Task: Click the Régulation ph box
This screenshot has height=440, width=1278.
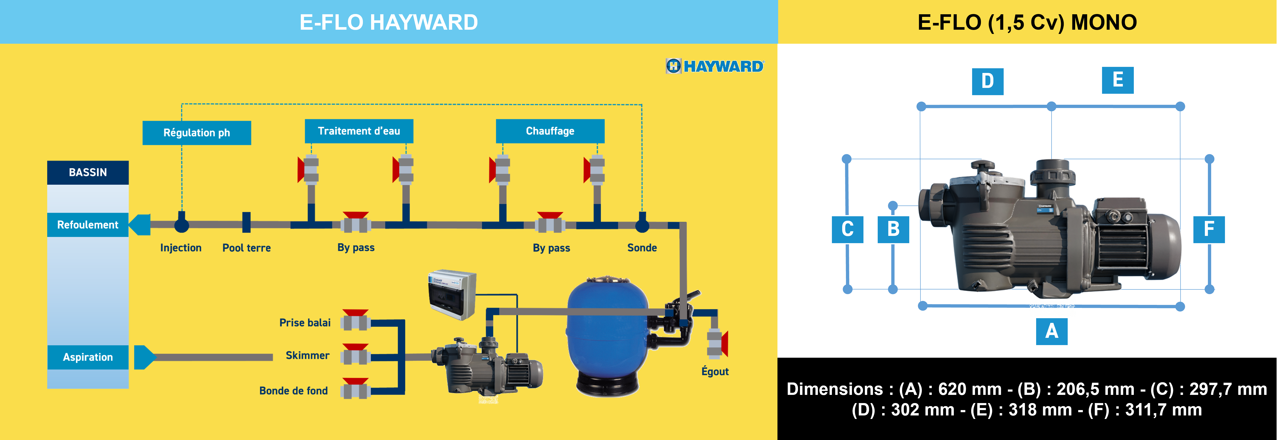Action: point(197,133)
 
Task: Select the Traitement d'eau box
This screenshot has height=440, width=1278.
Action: point(359,131)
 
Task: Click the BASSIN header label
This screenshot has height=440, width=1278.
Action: point(88,172)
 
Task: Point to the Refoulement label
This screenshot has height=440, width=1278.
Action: point(88,225)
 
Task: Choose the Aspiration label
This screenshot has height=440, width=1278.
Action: point(88,357)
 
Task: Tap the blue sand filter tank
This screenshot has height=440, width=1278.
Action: point(608,333)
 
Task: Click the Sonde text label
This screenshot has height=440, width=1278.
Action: point(642,248)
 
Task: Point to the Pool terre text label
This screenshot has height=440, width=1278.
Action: point(247,248)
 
